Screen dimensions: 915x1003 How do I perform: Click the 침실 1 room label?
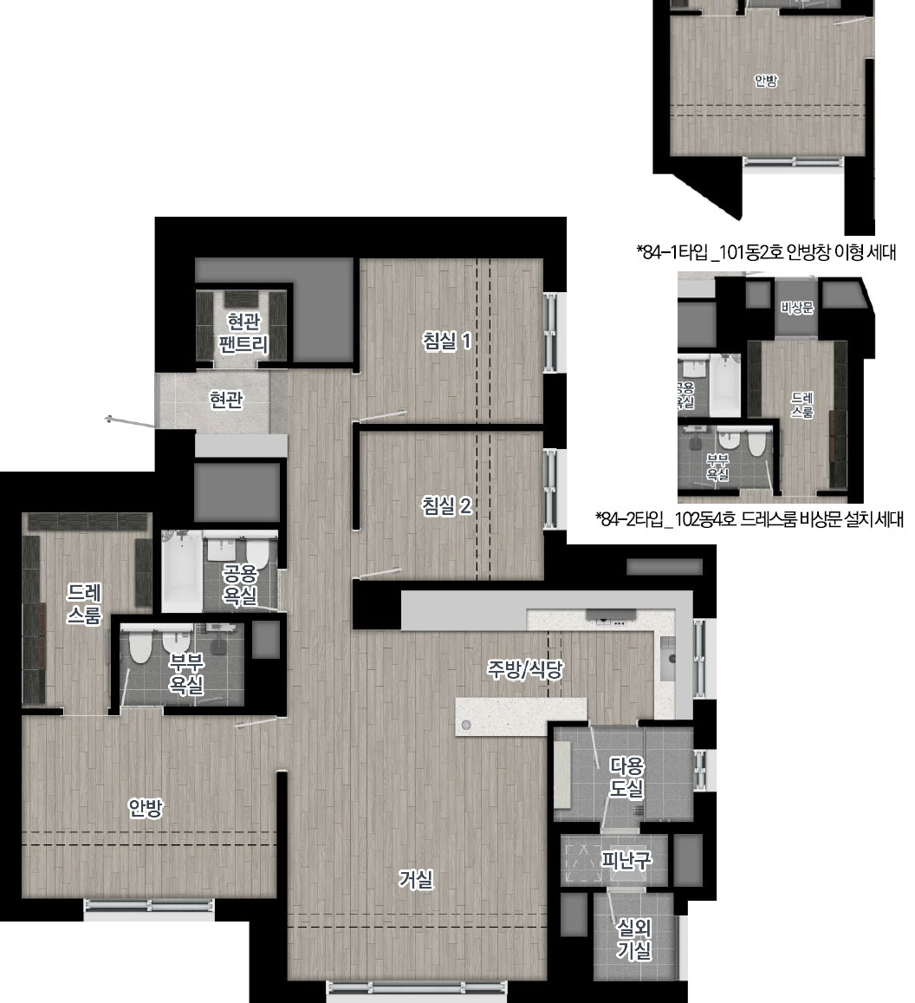(x=447, y=341)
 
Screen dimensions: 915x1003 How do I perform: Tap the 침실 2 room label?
(x=447, y=506)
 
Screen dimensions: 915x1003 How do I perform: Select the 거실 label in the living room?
(x=416, y=880)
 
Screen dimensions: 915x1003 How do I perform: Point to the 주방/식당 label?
(x=525, y=669)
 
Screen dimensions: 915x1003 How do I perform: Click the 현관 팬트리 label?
(x=243, y=333)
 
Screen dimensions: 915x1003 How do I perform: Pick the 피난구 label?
(x=626, y=860)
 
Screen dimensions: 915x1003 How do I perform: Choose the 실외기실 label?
(x=633, y=939)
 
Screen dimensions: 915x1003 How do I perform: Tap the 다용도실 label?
(x=626, y=778)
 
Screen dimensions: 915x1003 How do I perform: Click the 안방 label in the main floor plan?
(x=146, y=808)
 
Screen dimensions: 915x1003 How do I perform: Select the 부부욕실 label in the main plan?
(x=186, y=674)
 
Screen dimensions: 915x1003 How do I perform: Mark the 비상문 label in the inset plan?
(x=796, y=308)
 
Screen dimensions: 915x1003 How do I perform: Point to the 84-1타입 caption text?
(x=766, y=252)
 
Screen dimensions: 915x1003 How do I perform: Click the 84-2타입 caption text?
(x=750, y=519)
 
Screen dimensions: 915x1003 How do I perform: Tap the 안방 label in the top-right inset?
(x=765, y=81)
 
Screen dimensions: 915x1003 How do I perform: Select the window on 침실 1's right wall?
(x=550, y=332)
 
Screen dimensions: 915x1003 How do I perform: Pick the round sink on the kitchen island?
(x=467, y=725)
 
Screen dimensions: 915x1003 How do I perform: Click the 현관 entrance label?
(x=226, y=401)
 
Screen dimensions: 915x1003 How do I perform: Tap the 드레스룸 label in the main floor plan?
(x=84, y=603)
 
